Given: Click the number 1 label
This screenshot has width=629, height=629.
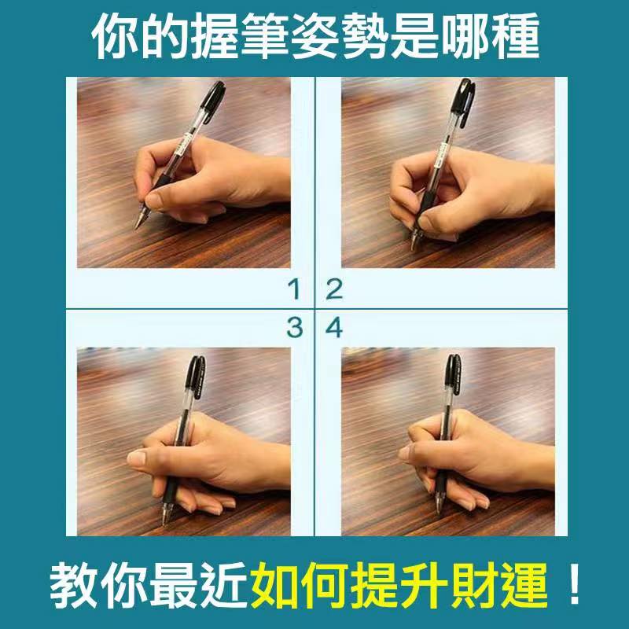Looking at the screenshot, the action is point(295,289).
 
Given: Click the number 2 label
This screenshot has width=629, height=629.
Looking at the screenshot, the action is point(334,289).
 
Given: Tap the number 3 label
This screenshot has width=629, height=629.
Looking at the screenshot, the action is point(294,327).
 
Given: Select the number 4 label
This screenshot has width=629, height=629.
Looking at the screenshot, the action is point(333,327).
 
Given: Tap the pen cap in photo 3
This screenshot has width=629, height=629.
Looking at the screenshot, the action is point(197,377).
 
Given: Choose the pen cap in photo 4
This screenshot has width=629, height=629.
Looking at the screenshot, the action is point(454,375).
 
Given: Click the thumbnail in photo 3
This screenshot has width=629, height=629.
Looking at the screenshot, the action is point(136,458).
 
